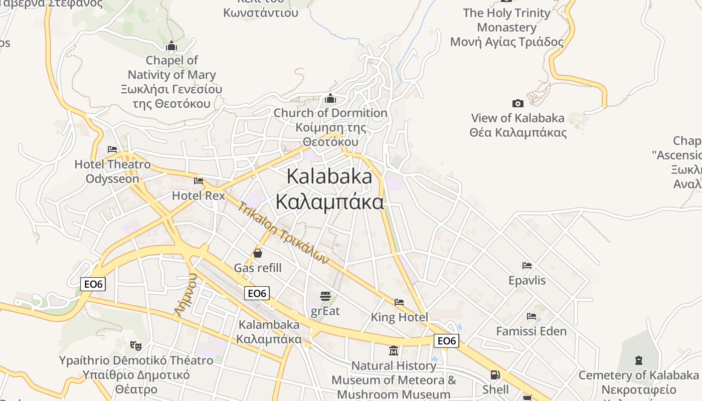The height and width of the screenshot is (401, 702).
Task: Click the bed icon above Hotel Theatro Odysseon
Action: point(112,149)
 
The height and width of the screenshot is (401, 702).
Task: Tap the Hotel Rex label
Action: point(199,195)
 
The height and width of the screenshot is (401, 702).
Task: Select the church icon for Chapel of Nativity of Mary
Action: point(171,46)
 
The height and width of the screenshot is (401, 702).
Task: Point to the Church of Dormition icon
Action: point(330,98)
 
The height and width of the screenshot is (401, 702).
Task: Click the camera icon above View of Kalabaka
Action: point(518,103)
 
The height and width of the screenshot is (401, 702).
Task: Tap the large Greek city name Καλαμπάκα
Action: point(330,202)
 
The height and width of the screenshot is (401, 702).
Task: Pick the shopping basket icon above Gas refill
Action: point(258,253)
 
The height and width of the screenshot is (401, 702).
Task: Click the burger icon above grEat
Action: point(325,296)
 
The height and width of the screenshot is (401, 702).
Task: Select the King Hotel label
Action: point(399,317)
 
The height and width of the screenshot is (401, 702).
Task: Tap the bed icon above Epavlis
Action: point(527,265)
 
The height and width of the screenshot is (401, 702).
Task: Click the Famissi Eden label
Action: point(531,331)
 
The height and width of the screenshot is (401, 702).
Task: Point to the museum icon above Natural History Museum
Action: point(394,350)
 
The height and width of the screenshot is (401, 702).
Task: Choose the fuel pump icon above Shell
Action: point(495,375)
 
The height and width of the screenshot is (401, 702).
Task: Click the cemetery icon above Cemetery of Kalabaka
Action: point(638,360)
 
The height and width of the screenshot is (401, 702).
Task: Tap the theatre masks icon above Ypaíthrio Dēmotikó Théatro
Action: point(135,345)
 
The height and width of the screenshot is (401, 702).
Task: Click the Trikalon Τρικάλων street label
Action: point(283,233)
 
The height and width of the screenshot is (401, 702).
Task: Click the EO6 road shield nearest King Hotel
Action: point(446,341)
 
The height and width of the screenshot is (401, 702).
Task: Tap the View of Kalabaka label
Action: point(517,118)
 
